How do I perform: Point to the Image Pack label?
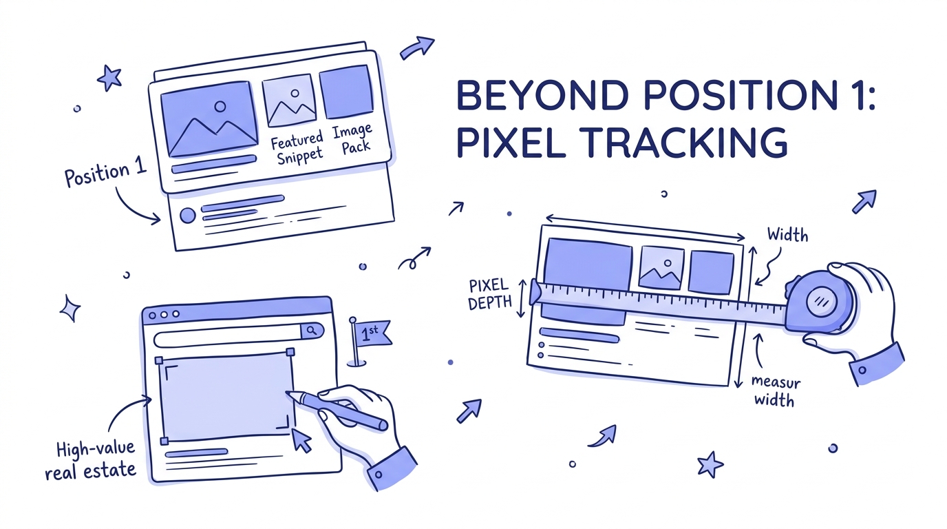[353, 138]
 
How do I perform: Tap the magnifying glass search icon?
[311, 331]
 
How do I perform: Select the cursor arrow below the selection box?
[301, 440]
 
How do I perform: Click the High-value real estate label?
[90, 461]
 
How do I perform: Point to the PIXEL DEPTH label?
[488, 295]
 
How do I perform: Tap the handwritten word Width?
[787, 236]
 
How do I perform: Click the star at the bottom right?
[710, 465]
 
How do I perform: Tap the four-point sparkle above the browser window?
[70, 308]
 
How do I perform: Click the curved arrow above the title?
[417, 47]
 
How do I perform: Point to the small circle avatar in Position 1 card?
[187, 216]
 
